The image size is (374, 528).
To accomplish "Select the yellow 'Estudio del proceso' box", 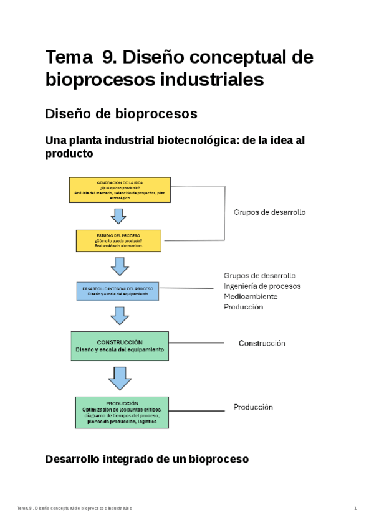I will click(118, 240).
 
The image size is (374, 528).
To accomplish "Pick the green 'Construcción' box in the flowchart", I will click(120, 346).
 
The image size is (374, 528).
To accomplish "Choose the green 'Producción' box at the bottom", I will click(122, 412).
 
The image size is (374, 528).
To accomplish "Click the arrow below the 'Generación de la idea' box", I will click(118, 215).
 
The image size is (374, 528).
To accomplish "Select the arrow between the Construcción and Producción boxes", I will click(119, 378).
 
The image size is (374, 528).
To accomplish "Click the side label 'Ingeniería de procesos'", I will click(262, 286).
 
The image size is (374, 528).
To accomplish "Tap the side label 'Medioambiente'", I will click(251, 296).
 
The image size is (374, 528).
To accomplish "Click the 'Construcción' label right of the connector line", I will click(262, 343).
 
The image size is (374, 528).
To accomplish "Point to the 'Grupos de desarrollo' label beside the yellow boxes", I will click(269, 212).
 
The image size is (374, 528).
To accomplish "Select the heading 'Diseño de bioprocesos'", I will click(122, 114).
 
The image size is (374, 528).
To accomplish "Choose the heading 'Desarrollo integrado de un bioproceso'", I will click(147, 460).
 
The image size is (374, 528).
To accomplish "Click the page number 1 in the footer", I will click(355, 509).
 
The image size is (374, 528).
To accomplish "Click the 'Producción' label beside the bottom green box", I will click(254, 407).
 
